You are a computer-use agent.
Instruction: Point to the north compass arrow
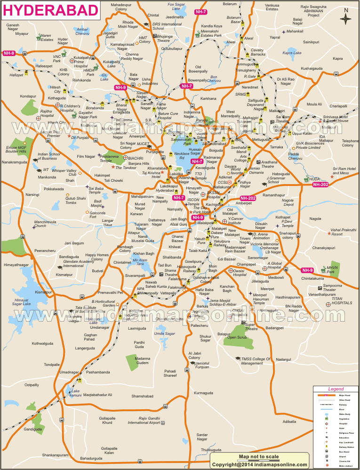coord(346,19)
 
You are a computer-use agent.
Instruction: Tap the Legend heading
coord(336,389)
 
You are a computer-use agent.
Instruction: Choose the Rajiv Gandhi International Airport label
coord(147,421)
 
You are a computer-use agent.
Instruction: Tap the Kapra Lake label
coord(291,53)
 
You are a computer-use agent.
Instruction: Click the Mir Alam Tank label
coord(140,262)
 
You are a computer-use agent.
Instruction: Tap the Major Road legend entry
coord(344,396)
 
